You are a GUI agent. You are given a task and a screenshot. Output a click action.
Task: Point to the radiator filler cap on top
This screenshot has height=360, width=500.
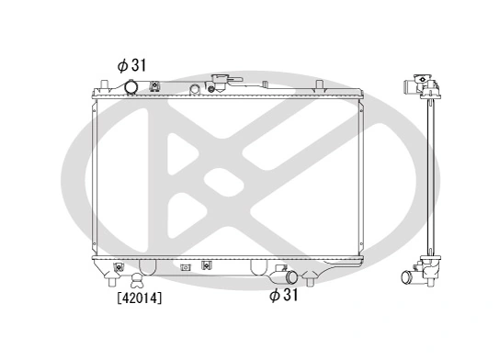pos(221,81)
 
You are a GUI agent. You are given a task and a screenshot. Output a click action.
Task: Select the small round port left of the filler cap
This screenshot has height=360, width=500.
pos(195,89)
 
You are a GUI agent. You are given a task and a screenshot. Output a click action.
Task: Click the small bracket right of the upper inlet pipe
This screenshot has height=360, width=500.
pos(155,89)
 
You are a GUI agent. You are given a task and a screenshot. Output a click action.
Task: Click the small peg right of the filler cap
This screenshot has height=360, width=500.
pos(247,88)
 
